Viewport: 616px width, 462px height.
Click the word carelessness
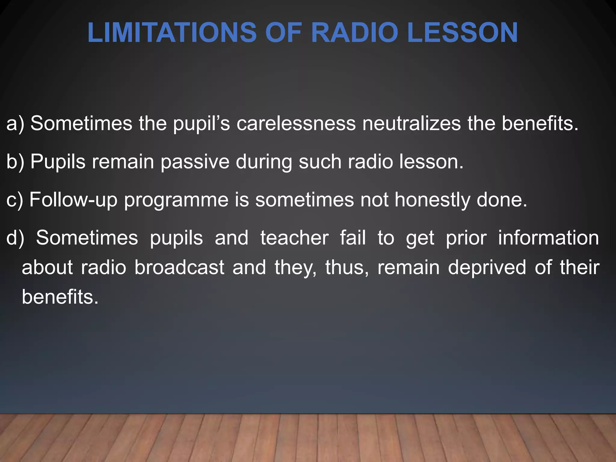(x=296, y=123)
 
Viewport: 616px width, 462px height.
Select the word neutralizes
(x=411, y=123)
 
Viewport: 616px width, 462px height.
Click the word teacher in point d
(x=294, y=238)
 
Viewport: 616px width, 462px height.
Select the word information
(x=548, y=238)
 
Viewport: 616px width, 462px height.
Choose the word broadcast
(x=179, y=267)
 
